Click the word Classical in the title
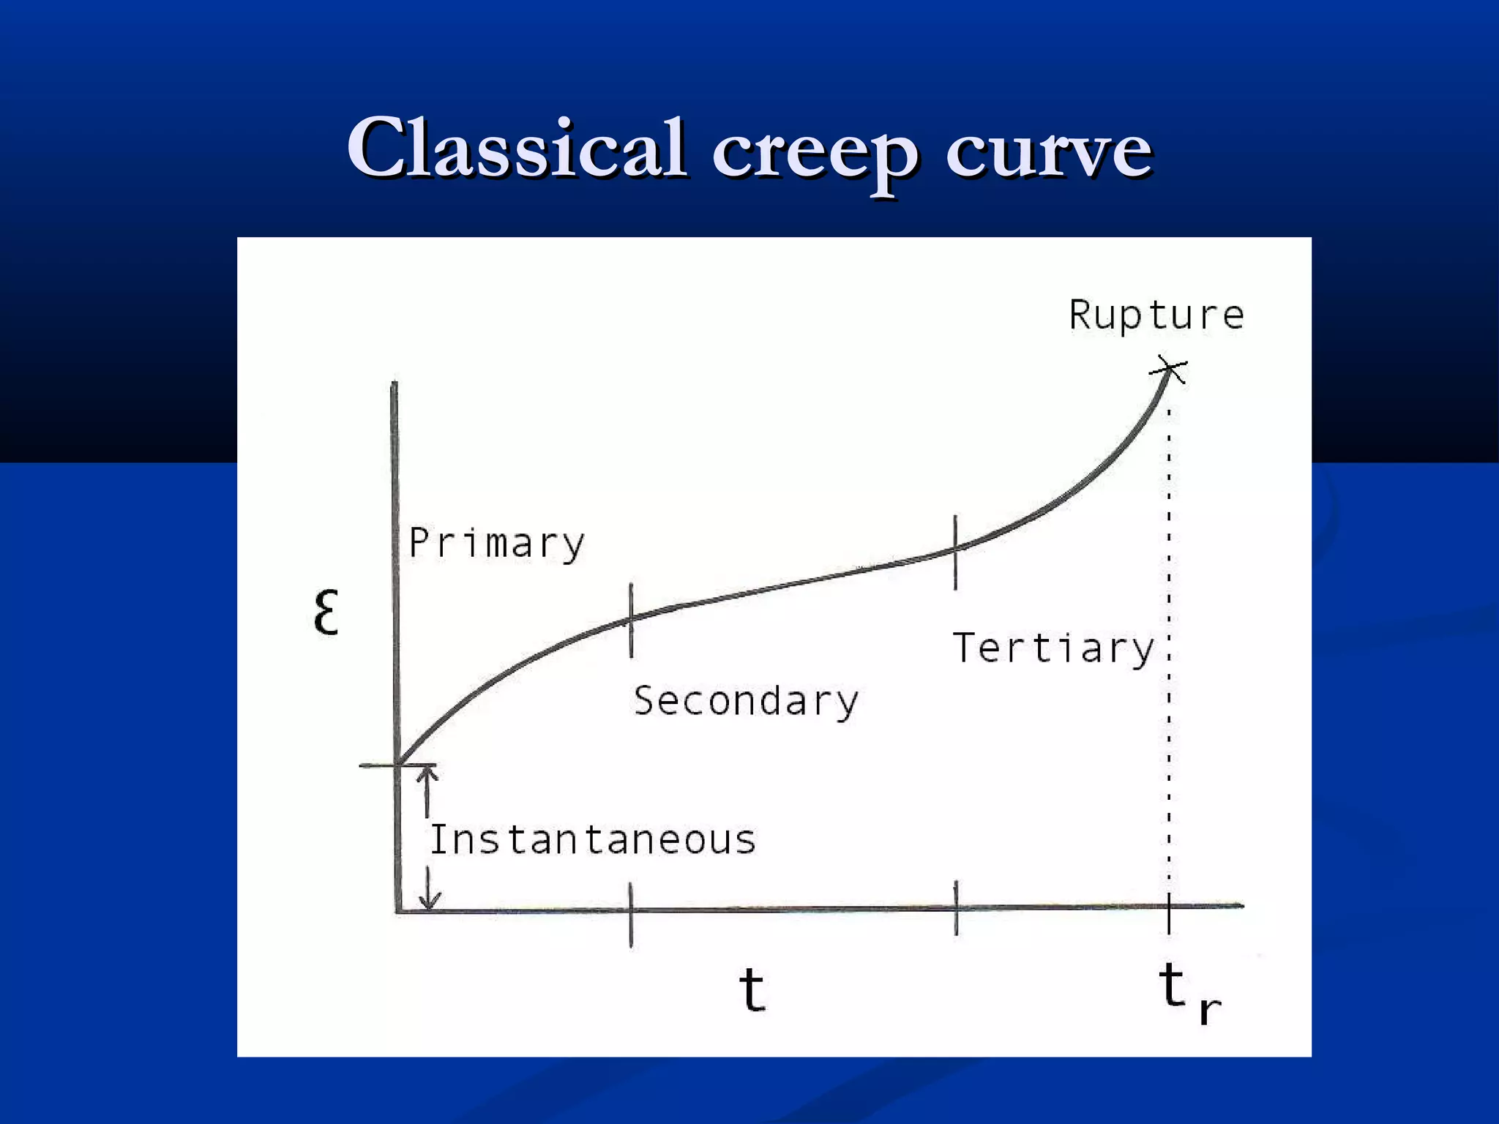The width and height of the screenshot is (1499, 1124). coord(517,148)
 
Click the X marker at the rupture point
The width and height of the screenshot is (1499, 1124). coord(1169,369)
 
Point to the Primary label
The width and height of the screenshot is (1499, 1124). coord(497,544)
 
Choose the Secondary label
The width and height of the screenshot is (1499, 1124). coord(746,701)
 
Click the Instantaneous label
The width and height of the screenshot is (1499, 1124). coord(592,840)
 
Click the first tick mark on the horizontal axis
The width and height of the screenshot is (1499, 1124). coord(631,914)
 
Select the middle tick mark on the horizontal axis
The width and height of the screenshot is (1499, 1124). coord(956,908)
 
